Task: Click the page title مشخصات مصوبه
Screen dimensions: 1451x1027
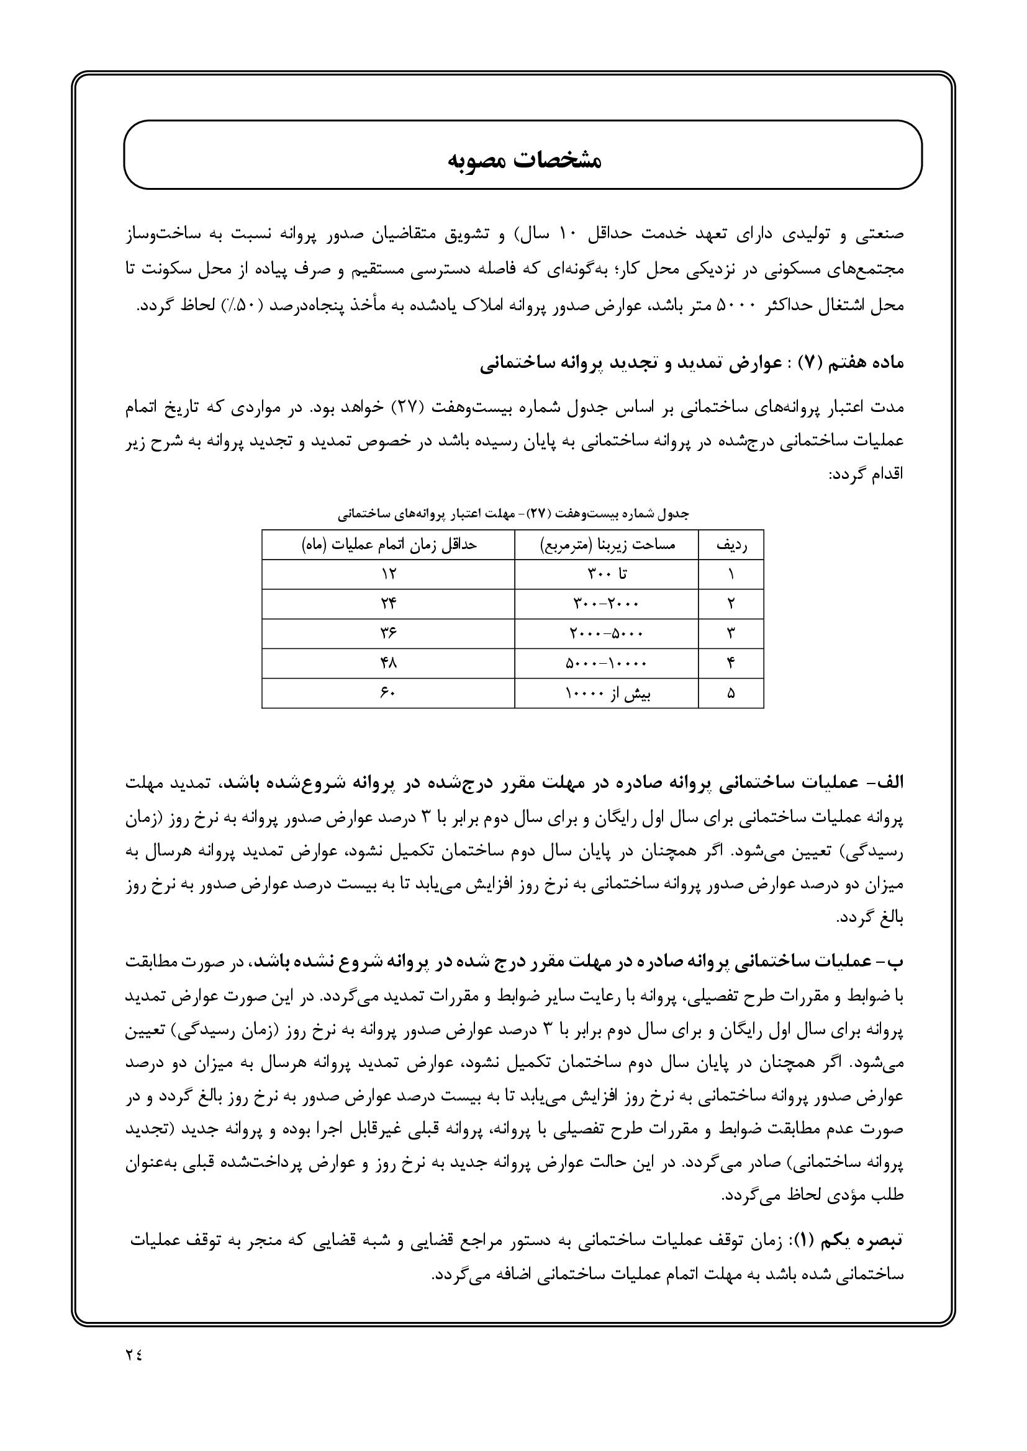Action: coord(524,159)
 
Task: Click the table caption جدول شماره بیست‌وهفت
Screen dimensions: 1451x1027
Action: coord(513,514)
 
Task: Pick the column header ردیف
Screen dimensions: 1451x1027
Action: coord(731,545)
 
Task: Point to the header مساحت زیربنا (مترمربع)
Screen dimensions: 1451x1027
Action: coord(607,545)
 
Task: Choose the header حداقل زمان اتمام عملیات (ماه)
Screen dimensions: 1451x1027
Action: coord(388,545)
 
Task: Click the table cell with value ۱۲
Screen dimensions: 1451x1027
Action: coord(388,574)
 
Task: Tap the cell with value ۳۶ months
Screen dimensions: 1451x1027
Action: coord(388,633)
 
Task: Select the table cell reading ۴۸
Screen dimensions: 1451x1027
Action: coord(388,663)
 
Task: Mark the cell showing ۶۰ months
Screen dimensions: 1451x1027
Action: coord(388,693)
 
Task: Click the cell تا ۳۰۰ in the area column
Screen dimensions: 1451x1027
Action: coord(607,574)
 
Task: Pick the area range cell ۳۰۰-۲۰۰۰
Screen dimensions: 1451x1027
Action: coord(607,604)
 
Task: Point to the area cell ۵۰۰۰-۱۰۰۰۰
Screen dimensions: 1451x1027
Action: coord(607,663)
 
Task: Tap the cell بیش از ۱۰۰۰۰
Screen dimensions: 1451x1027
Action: coord(607,694)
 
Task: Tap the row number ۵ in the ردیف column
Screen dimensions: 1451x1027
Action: coord(731,694)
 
